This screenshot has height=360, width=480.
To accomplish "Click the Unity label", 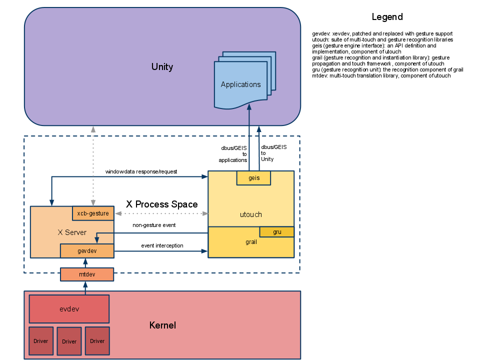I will click(x=162, y=67).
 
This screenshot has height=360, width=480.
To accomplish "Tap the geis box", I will click(x=253, y=178).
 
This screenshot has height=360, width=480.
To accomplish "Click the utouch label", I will click(x=250, y=214).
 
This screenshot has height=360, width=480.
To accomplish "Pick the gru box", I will click(x=276, y=232).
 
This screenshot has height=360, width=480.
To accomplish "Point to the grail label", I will click(x=251, y=242).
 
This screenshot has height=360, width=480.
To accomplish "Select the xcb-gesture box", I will click(x=93, y=213).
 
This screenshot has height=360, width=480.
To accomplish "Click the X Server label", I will click(x=72, y=232).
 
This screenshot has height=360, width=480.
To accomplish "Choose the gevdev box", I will click(x=87, y=251).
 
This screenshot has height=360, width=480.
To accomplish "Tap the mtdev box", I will click(x=87, y=274).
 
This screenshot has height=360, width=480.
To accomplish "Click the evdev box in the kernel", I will click(x=69, y=309).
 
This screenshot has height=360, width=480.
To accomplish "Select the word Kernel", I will click(x=162, y=325).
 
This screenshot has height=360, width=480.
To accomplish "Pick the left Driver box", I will click(x=41, y=341).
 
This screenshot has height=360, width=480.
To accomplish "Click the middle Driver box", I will click(x=69, y=341).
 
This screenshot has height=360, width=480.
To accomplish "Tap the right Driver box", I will click(x=97, y=341).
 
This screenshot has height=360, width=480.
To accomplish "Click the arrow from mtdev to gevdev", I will click(x=85, y=263).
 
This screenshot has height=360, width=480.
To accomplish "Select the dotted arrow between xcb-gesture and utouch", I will click(x=161, y=213).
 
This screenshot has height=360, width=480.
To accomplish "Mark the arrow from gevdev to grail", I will click(x=160, y=251).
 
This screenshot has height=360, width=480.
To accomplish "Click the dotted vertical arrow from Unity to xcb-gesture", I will click(x=93, y=165).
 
